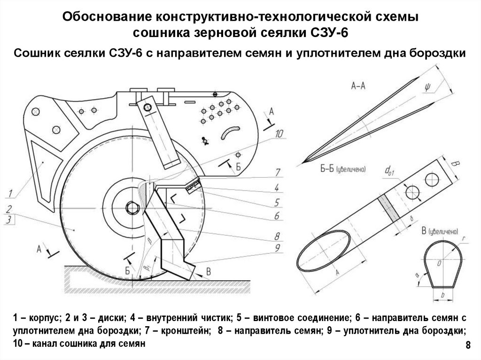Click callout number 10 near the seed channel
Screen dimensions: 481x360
pyautogui.click(x=279, y=135)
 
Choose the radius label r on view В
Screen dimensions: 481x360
pyautogui.click(x=464, y=238)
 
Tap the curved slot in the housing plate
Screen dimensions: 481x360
pyautogui.click(x=230, y=133)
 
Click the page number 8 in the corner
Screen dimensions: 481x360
pyautogui.click(x=467, y=346)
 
